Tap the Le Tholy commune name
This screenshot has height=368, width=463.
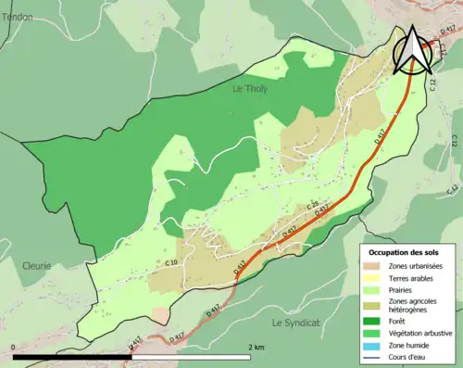249,90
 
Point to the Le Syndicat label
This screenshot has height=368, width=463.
295,322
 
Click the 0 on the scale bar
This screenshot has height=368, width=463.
14,348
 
